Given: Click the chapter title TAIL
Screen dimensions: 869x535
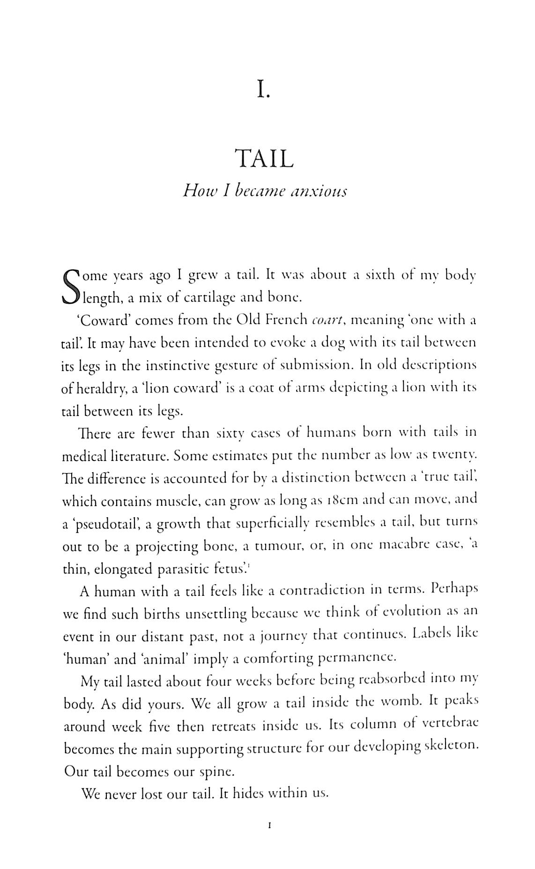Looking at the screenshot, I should (x=265, y=159).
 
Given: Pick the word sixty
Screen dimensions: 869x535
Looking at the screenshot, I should (x=230, y=434).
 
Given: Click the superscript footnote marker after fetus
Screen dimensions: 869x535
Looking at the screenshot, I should (x=248, y=565).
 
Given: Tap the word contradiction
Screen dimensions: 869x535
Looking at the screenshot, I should (x=322, y=590).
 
